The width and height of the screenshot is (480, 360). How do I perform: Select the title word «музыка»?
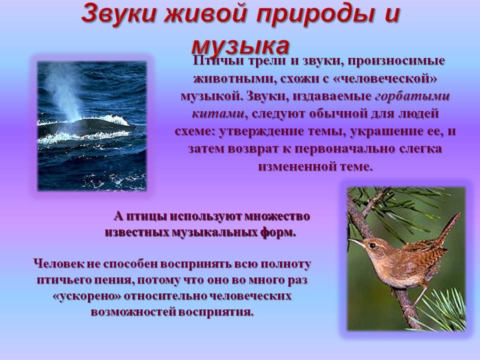(x=240, y=46)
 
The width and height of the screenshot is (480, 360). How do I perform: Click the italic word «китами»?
(x=218, y=114)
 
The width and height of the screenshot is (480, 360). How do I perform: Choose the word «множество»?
(x=277, y=216)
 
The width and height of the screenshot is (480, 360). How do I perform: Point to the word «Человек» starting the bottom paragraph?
(x=57, y=264)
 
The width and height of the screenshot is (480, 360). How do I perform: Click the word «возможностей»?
(x=132, y=312)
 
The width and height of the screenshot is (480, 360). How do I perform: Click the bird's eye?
(x=372, y=245)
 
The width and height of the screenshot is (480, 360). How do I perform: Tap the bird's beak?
(x=356, y=243)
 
